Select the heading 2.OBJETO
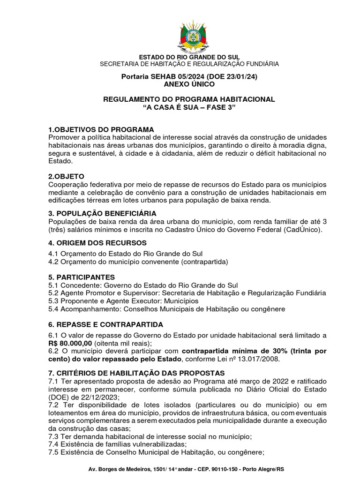[66, 176]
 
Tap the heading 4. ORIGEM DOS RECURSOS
[97, 243]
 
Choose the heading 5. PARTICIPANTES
[82, 277]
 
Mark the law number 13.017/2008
[259, 359]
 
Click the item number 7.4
[54, 444]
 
